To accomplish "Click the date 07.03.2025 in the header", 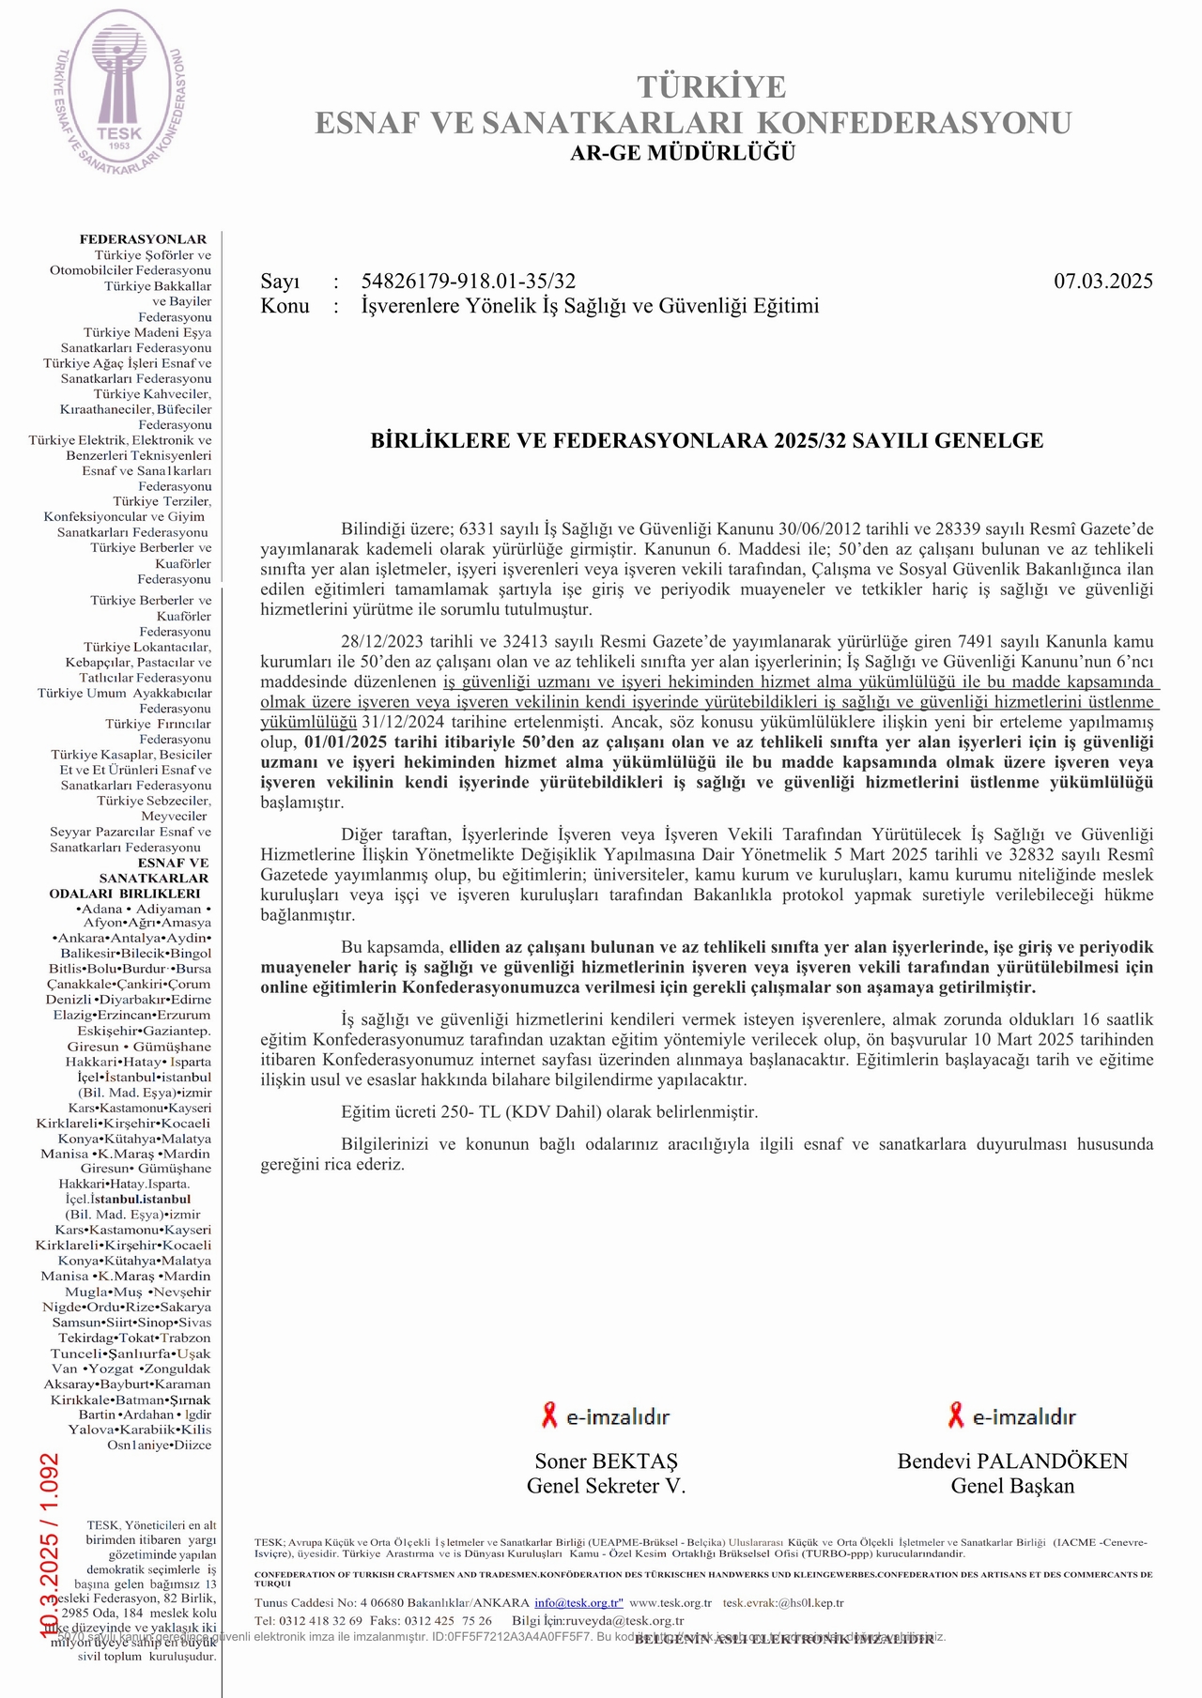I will point(1102,282).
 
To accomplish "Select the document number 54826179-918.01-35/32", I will point(468,282).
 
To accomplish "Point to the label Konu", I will point(285,306).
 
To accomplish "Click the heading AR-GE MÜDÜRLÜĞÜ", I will point(683,153).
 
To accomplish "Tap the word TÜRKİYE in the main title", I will point(711,87).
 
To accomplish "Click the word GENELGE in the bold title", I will point(994,441).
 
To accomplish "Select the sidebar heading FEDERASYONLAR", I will point(143,239).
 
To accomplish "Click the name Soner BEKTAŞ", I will point(606,1461).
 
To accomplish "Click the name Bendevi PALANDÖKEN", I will point(1012,1461).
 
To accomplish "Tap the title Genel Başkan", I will point(1012,1486).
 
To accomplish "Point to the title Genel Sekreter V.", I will point(606,1486).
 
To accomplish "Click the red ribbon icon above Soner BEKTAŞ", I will point(549,1415).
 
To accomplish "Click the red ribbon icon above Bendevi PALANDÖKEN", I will point(955,1415).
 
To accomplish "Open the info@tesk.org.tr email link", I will point(578,1603).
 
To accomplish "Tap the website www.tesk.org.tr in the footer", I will point(670,1603).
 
